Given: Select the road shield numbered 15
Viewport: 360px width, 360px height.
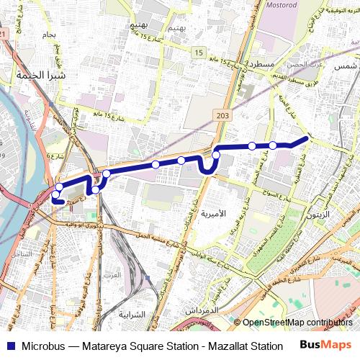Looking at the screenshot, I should (198, 53).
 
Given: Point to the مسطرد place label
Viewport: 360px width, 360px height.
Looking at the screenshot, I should (253, 64).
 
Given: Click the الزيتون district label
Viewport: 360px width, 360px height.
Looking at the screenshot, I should (318, 215).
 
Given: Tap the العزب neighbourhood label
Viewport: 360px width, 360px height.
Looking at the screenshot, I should (112, 275).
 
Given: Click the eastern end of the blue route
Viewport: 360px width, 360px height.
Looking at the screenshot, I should (307, 137).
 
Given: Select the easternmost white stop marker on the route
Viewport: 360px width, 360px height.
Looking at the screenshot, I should (273, 145).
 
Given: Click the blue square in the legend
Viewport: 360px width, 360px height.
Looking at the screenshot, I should (8, 346).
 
